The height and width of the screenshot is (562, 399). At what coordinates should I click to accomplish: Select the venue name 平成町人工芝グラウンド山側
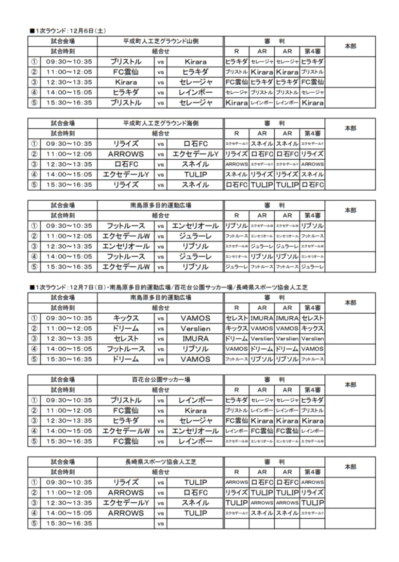point(160,41)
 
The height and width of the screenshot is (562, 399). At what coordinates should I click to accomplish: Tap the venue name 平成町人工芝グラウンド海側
point(160,124)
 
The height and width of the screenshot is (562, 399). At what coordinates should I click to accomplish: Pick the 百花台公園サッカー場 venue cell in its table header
point(160,380)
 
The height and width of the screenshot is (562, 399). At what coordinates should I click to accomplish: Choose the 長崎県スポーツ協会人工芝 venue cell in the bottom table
point(160,462)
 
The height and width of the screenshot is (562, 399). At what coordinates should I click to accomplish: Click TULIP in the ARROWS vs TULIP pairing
point(195,513)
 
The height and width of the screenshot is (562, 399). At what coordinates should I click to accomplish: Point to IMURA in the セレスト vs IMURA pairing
point(195,338)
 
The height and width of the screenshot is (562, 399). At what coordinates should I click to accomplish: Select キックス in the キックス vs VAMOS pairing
point(126,318)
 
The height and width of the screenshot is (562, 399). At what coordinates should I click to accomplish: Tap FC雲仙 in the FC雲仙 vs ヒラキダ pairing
point(126,72)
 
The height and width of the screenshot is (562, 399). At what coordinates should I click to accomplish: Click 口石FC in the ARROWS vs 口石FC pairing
point(195,492)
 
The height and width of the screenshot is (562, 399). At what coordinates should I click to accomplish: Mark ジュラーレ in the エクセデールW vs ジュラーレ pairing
point(195,236)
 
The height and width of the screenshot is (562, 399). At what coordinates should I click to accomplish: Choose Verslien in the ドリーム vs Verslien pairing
point(195,328)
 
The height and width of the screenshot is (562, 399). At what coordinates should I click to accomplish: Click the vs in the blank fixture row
point(161,523)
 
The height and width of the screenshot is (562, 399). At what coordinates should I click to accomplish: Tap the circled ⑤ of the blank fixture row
point(35,523)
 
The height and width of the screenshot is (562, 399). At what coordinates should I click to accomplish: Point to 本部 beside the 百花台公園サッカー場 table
point(350,385)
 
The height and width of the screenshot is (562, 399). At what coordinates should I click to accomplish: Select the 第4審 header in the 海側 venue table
point(312,133)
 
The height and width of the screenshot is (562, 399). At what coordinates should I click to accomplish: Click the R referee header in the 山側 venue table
point(237,52)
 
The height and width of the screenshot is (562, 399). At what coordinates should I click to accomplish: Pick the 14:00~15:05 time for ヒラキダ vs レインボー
point(69,92)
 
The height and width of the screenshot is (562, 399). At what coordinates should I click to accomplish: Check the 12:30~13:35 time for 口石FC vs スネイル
point(69,164)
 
